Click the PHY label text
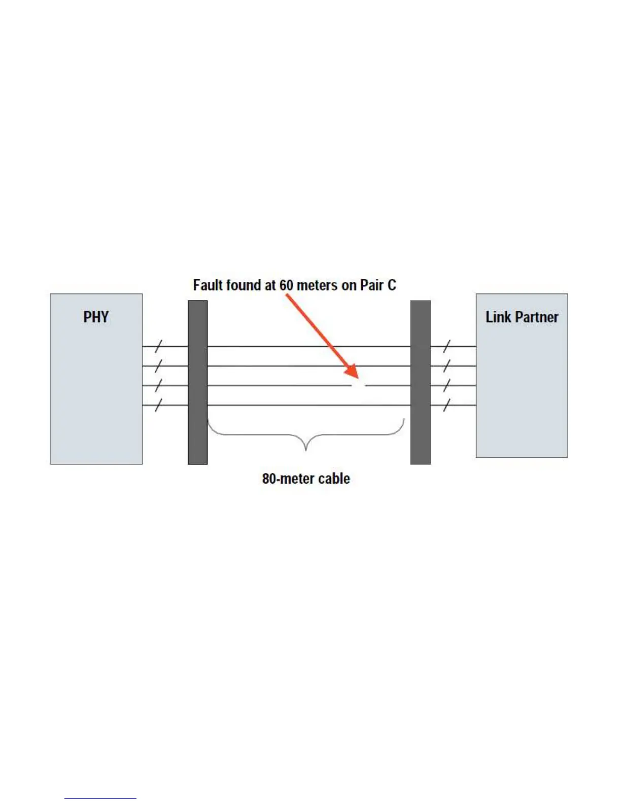pyautogui.click(x=96, y=317)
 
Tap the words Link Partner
pyautogui.click(x=522, y=317)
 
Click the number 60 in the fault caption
pyautogui.click(x=286, y=285)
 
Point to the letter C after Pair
pyautogui.click(x=391, y=285)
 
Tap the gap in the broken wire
pyautogui.click(x=359, y=386)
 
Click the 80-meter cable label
pyautogui.click(x=306, y=479)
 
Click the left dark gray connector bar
pyautogui.click(x=197, y=382)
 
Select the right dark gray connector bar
pyautogui.click(x=421, y=382)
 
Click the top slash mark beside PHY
pyautogui.click(x=158, y=347)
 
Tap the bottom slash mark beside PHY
pyautogui.click(x=158, y=405)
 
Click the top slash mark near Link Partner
pyautogui.click(x=446, y=347)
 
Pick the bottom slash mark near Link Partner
pyautogui.click(x=446, y=405)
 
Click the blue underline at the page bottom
pyautogui.click(x=100, y=798)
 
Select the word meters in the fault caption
pyautogui.click(x=317, y=285)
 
